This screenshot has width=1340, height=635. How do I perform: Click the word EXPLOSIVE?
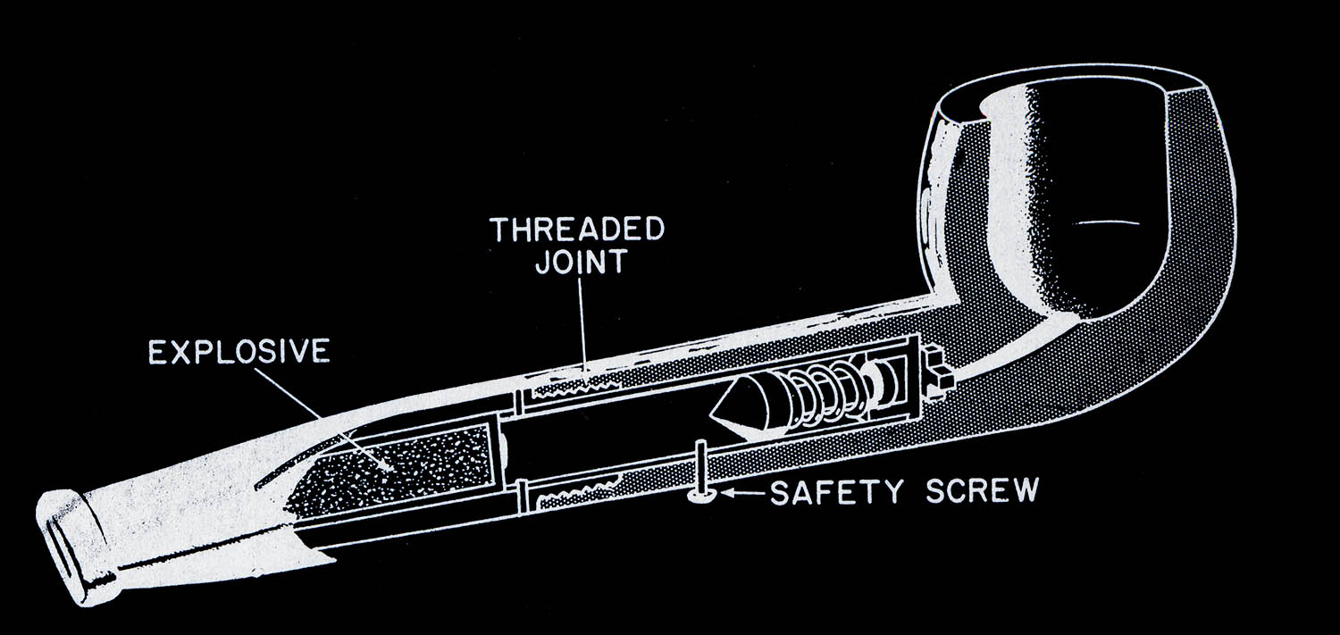[x=239, y=354]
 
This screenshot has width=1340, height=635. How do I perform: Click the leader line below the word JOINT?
[x=582, y=326]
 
